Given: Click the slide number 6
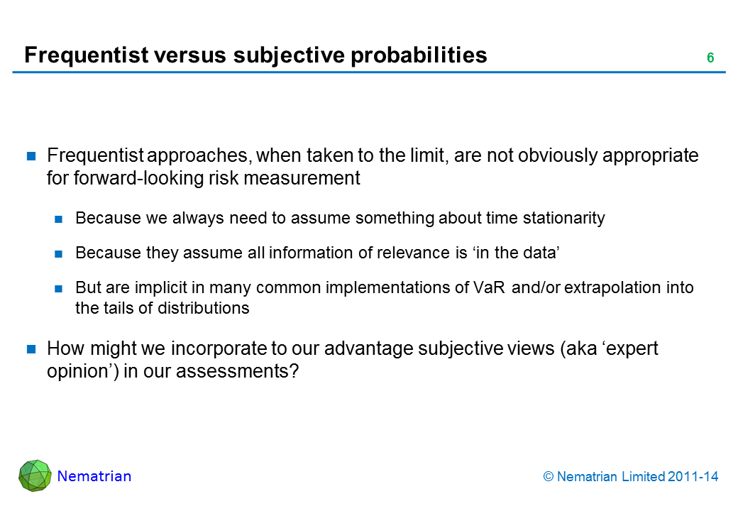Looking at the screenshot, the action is [710, 58].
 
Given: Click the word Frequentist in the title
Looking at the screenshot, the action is [87, 55].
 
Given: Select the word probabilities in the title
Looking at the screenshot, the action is [419, 55].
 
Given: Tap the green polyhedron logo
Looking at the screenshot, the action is [35, 476].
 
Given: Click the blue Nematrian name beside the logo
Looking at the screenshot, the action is [94, 476].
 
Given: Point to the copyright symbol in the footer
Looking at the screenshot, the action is [549, 477].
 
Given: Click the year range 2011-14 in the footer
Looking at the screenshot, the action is [693, 477].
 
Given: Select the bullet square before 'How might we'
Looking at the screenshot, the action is [31, 348].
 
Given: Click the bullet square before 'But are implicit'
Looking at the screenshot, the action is [58, 288].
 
